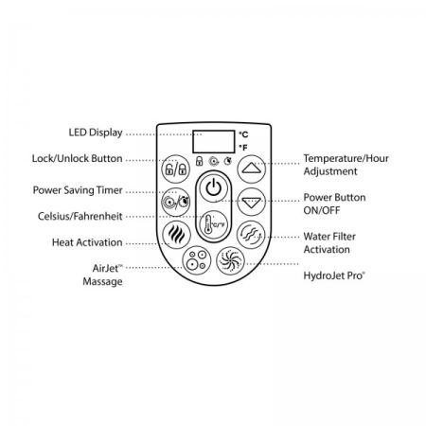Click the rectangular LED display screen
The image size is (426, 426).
(214, 142)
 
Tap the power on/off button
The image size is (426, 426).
(214, 188)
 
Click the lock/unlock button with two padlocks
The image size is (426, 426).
(176, 169)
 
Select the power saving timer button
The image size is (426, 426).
(176, 202)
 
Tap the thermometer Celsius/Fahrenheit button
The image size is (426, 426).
(214, 224)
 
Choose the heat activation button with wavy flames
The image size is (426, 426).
(176, 235)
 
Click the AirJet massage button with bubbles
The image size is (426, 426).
(196, 260)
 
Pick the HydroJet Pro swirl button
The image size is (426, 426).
(231, 260)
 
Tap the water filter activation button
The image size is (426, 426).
(251, 235)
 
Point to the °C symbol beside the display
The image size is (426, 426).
(243, 134)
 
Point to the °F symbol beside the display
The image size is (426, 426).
(243, 148)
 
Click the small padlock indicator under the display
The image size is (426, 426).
(199, 161)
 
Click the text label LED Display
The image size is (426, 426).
(96, 133)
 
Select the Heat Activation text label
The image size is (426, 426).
(87, 242)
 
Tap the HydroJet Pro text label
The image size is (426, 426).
(334, 275)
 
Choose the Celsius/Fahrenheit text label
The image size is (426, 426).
(80, 216)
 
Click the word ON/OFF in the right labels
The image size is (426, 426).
(322, 210)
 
